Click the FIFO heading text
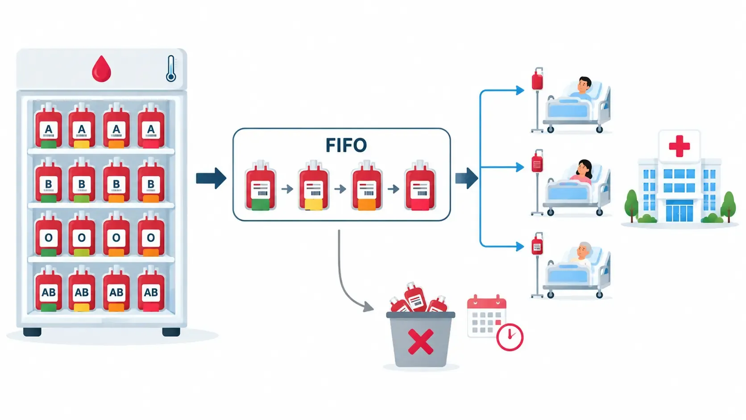click(346, 145)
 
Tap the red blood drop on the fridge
click(101, 69)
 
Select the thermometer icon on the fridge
click(171, 69)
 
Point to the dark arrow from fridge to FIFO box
click(211, 178)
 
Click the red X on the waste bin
click(421, 341)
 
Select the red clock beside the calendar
click(510, 337)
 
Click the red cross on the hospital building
click(680, 146)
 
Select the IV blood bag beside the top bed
click(537, 80)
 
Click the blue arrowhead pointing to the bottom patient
click(519, 246)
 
